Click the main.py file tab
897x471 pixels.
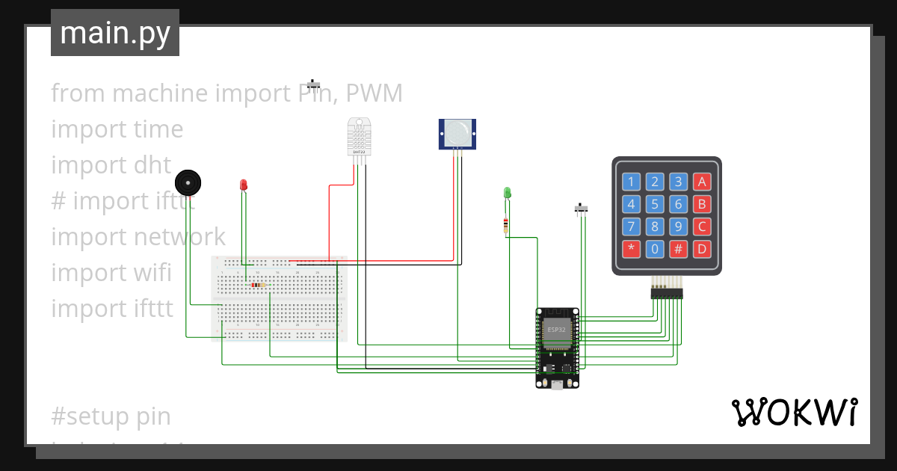tap(115, 34)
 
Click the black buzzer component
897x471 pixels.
tap(188, 182)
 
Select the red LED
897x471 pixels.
tap(243, 185)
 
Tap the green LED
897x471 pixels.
tap(508, 194)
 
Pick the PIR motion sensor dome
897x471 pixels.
tap(457, 132)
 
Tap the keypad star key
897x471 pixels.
tap(632, 249)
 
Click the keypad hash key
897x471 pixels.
tap(678, 249)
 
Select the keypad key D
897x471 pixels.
tap(701, 249)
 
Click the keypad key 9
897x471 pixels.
tap(678, 227)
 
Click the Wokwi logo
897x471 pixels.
tap(794, 412)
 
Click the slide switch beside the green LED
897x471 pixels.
tap(581, 208)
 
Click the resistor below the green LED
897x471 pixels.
tap(507, 225)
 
